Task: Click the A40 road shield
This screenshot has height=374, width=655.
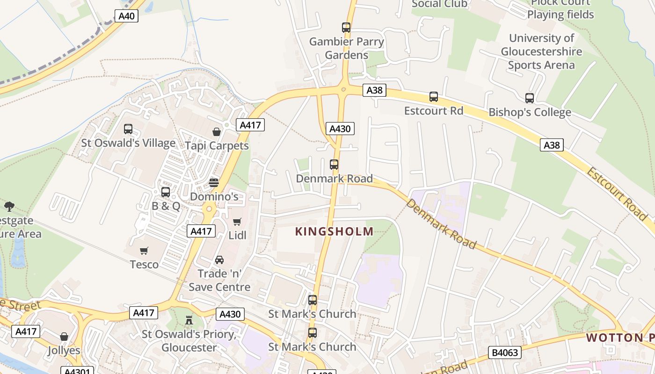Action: tap(126, 16)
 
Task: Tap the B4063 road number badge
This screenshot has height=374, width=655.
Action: tap(505, 352)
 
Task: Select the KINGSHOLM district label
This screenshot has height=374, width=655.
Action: tap(334, 231)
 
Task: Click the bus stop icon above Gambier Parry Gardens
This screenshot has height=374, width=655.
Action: tap(346, 28)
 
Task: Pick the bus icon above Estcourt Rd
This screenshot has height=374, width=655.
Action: tap(434, 97)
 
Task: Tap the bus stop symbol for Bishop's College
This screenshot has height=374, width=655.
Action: tap(530, 98)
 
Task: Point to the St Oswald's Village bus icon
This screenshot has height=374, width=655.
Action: tap(128, 129)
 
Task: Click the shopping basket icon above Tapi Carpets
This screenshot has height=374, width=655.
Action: tap(216, 132)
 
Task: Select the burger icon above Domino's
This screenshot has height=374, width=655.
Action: tap(214, 182)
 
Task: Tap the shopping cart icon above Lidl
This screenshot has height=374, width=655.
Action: tap(237, 222)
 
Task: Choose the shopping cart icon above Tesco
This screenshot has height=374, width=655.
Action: tap(144, 251)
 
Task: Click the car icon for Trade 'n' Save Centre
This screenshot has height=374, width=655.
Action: tap(219, 259)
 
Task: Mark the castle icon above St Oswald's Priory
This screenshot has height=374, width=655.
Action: tap(189, 320)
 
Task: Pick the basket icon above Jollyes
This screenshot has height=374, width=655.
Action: tap(64, 337)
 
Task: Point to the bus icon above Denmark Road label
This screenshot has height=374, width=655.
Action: tap(334, 165)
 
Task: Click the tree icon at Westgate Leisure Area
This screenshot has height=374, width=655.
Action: tap(9, 206)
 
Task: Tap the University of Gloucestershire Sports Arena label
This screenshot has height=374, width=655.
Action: tap(541, 51)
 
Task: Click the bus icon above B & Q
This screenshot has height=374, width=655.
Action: tap(166, 192)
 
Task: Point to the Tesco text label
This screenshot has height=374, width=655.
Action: tap(144, 265)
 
